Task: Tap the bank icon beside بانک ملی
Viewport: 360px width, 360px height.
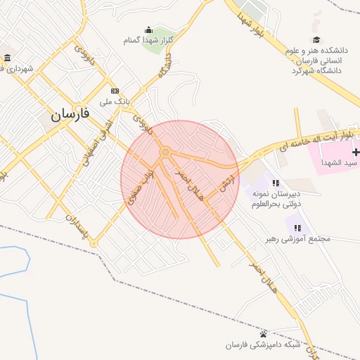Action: [115, 91]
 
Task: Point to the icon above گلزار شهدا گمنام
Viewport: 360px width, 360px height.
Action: [148, 30]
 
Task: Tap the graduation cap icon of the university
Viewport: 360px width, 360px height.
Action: [316, 40]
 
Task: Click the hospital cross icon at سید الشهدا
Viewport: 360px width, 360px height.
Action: [356, 152]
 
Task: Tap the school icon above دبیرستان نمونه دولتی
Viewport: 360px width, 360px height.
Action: [276, 182]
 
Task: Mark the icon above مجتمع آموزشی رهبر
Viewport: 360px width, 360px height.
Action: [298, 228]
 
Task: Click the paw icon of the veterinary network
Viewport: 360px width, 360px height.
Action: [263, 333]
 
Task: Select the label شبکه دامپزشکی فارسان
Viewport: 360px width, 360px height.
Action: [263, 345]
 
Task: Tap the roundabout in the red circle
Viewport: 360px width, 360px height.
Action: [165, 152]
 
